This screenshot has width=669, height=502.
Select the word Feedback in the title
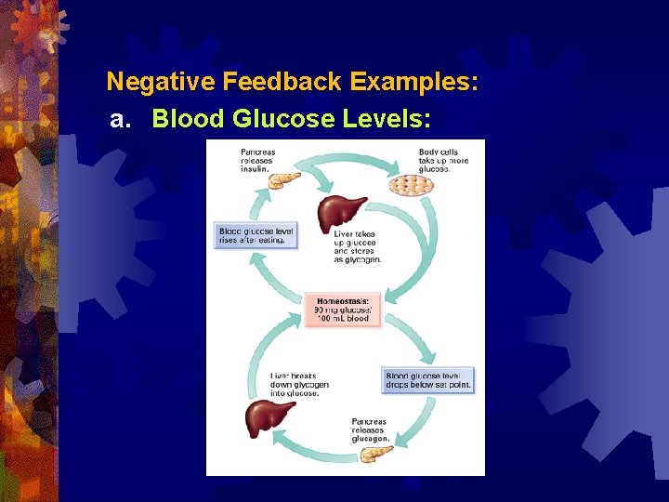pos(282,82)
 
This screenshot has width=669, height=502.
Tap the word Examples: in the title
pos(414,82)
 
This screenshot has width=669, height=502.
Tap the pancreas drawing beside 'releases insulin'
pos(282,178)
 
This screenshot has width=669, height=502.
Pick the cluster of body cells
pos(410,186)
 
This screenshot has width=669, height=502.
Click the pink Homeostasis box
pos(343,310)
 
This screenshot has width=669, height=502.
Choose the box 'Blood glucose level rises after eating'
pos(256,235)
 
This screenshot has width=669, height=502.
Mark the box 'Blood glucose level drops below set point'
pos(428,380)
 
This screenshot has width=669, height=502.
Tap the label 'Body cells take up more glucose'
pos(443,160)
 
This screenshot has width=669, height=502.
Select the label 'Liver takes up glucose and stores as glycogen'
pos(358,246)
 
